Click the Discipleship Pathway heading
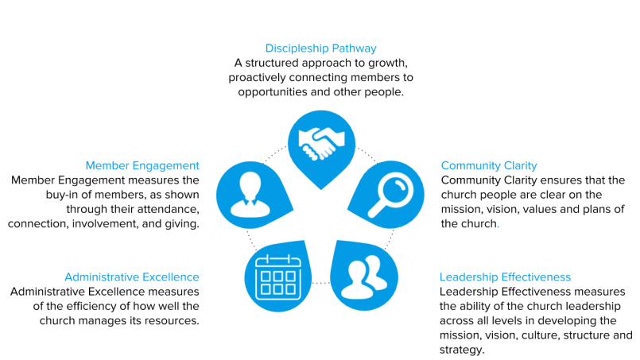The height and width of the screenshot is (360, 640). [x=320, y=48]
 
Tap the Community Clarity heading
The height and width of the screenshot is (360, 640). [x=489, y=166]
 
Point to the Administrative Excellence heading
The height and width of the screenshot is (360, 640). [x=131, y=277]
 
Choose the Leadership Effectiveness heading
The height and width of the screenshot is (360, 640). [x=505, y=277]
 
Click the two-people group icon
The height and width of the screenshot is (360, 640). [x=363, y=274]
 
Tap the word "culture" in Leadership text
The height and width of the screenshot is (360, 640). [x=521, y=335]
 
